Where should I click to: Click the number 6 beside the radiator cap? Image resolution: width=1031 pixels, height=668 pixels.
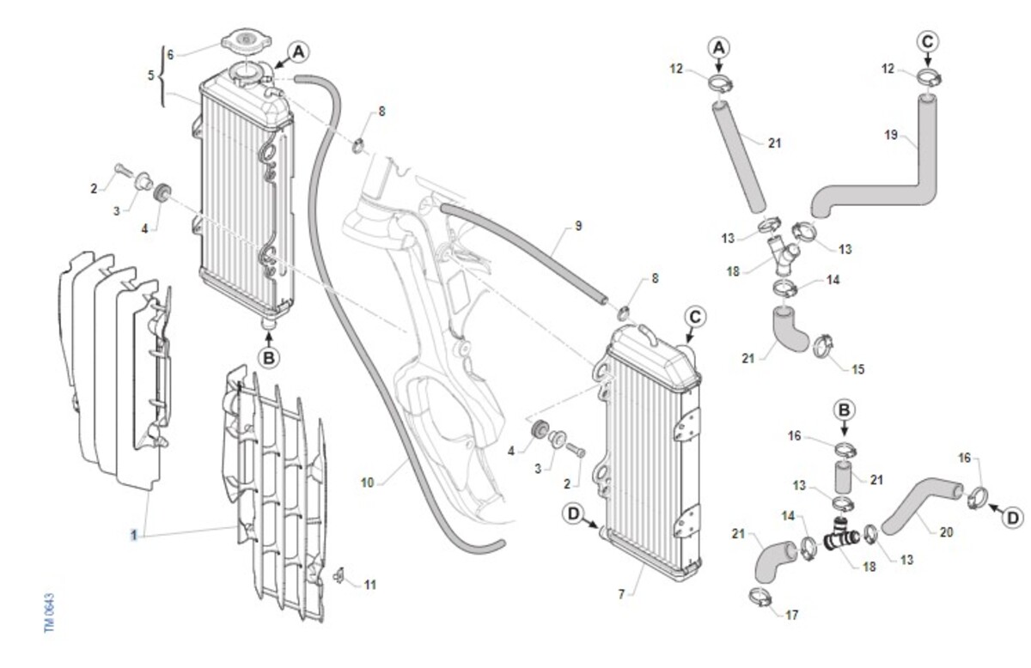point(170,54)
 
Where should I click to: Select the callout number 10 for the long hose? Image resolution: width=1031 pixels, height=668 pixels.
point(367,483)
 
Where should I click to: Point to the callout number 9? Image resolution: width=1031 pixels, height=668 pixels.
point(578,226)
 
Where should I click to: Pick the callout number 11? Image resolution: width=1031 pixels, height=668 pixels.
point(370,585)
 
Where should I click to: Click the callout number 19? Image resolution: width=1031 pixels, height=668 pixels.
point(890,134)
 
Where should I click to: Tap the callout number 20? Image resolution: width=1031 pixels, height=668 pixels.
point(946,532)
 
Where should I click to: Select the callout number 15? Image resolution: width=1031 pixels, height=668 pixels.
point(857,369)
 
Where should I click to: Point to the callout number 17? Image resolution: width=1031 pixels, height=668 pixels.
point(791,615)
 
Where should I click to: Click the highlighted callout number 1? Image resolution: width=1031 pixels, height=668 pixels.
point(134,535)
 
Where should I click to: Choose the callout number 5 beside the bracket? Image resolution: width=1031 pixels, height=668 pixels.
point(151,75)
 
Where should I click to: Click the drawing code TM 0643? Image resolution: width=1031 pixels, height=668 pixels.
point(50,612)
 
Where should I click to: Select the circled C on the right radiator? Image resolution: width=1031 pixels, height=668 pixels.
point(696,317)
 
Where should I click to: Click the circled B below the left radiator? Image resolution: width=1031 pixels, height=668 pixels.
point(269,357)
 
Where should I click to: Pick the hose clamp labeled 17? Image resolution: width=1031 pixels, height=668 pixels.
point(760,595)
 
